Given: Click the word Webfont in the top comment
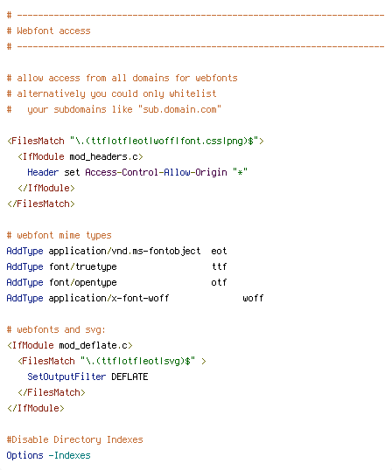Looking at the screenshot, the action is click(x=35, y=31).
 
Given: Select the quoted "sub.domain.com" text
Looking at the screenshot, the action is click(x=179, y=109).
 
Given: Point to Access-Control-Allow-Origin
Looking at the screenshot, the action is click(x=156, y=172).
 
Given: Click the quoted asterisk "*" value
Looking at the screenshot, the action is click(x=240, y=172).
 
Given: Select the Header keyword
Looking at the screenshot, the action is click(x=43, y=172).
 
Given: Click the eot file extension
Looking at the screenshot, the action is click(x=219, y=251).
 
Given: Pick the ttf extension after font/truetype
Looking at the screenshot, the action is click(x=219, y=266).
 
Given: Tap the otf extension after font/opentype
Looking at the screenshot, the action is click(x=219, y=282).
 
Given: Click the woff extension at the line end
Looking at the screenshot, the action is click(x=253, y=298).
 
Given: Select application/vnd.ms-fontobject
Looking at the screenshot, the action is click(x=124, y=251).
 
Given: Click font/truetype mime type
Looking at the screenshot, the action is click(x=83, y=266).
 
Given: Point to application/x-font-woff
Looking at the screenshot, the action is click(x=109, y=298).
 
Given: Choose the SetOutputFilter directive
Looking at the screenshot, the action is click(x=66, y=377).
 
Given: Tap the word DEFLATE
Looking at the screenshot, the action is click(x=129, y=377).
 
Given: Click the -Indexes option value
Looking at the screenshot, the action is click(x=70, y=455).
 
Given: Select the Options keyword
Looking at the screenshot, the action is click(x=24, y=455).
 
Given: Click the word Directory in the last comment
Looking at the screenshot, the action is click(x=78, y=439).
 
